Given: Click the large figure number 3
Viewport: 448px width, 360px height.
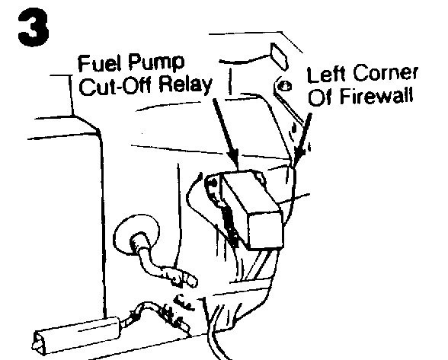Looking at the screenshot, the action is tap(34, 27).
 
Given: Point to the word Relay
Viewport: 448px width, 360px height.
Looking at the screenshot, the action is tap(186, 85).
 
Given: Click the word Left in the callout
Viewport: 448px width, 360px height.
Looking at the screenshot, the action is tap(326, 74).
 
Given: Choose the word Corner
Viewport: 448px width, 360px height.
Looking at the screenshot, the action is tap(386, 73).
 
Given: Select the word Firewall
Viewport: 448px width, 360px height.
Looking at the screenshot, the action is tap(376, 96).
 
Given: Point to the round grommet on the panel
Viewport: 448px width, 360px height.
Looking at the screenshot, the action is tap(136, 234).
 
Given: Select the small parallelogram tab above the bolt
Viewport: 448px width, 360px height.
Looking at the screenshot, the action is tap(278, 56).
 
